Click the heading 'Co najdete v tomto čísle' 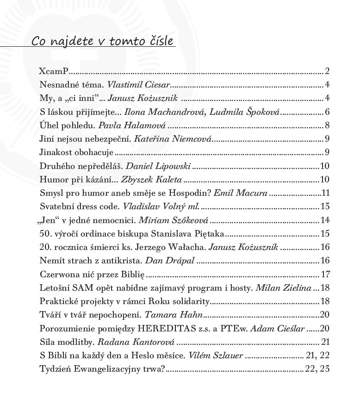click(x=103, y=42)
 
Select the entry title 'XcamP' click(x=54, y=71)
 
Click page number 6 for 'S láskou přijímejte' click(x=327, y=112)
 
